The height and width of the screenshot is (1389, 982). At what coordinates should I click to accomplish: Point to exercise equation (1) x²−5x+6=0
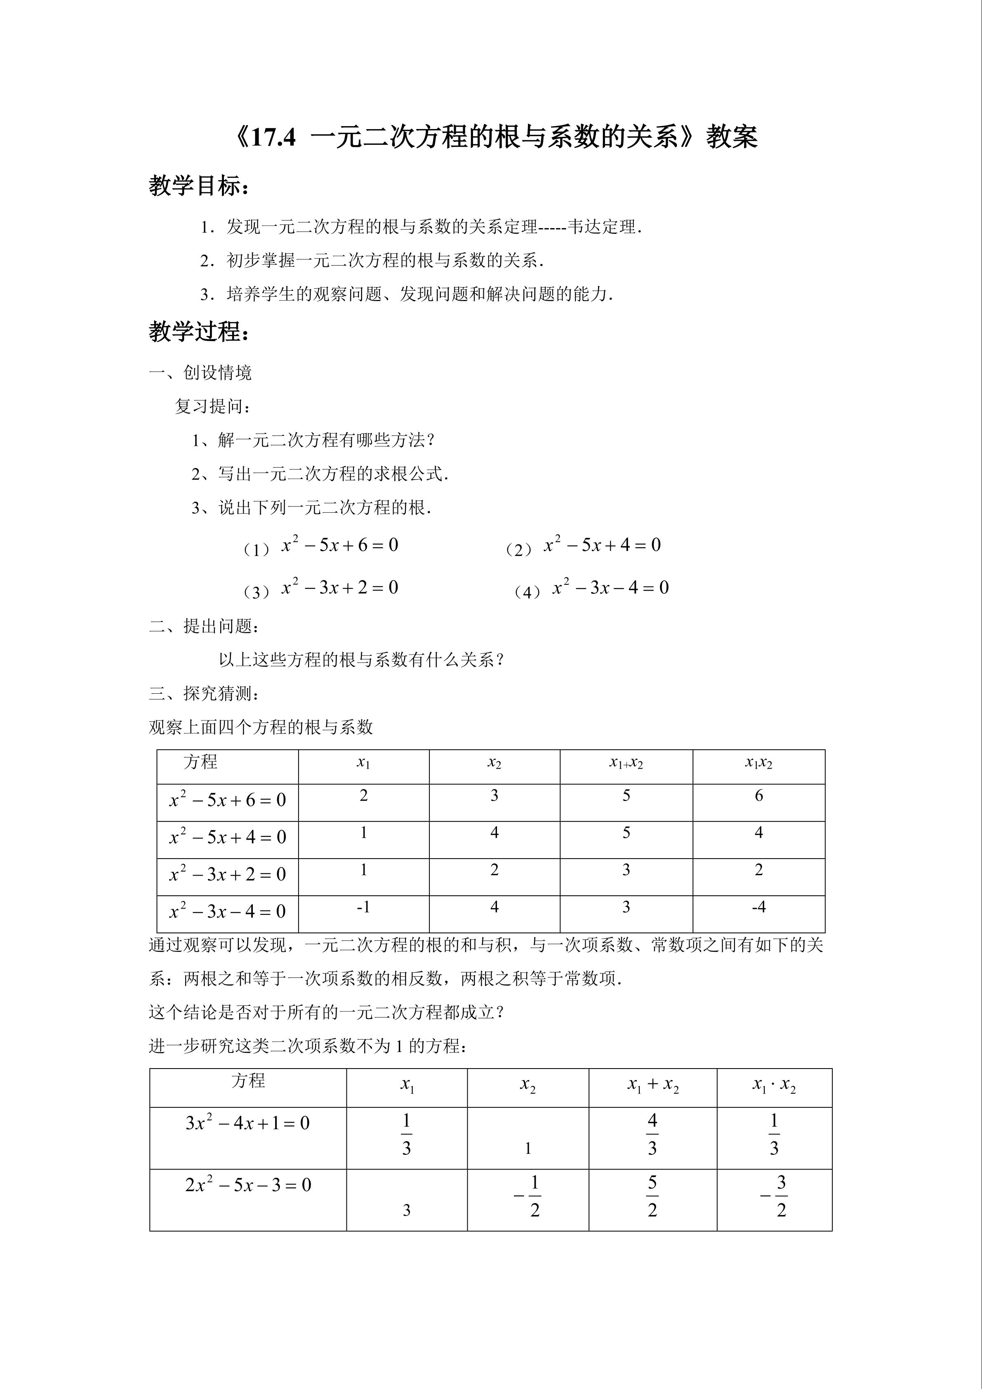pos(339,546)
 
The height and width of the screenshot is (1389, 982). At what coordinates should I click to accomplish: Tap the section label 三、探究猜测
pos(205,693)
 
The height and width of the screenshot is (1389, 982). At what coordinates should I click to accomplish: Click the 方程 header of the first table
pos(200,762)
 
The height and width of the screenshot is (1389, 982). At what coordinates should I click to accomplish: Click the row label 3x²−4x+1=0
pos(247,1124)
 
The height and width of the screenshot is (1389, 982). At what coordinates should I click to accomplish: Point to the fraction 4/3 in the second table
pos(652,1135)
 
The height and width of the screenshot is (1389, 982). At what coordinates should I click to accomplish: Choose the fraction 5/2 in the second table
pos(652,1197)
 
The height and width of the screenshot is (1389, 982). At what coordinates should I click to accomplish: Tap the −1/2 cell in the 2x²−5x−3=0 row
pos(528,1197)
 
